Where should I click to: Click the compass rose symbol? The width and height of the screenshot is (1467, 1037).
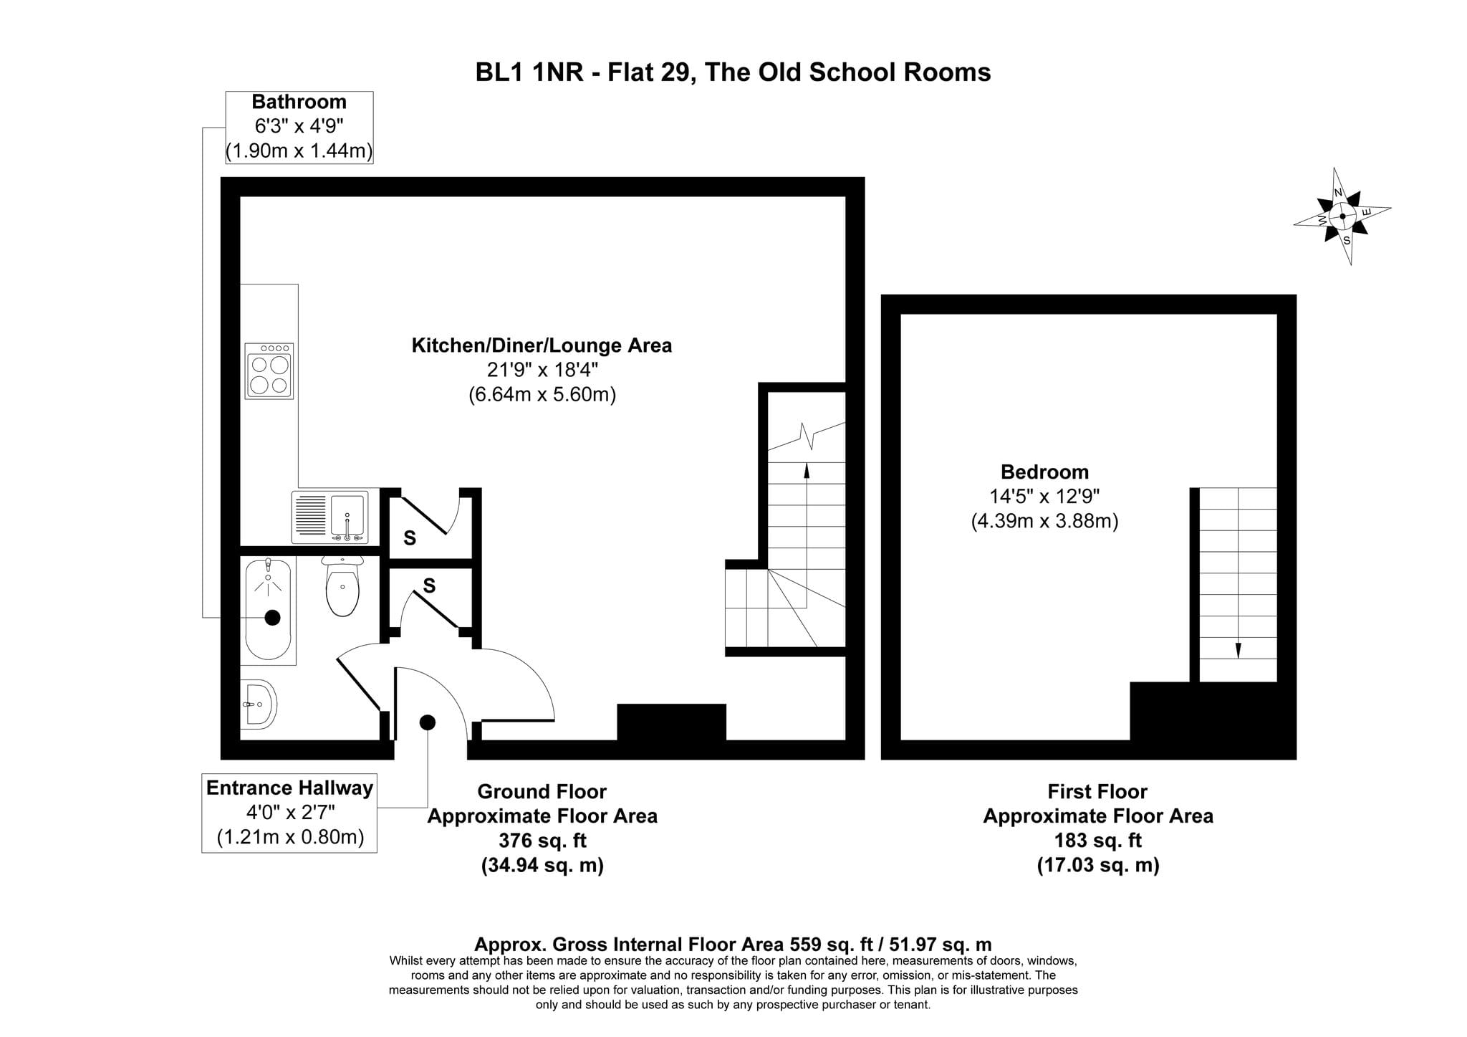coord(1342,216)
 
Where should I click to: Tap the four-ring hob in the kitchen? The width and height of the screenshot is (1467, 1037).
coord(269,371)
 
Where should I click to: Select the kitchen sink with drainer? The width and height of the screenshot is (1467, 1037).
coord(330,517)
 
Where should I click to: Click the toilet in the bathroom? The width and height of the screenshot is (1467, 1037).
coord(342,586)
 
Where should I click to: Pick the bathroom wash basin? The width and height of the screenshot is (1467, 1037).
coord(258,704)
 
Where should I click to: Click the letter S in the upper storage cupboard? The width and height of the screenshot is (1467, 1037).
coord(410,538)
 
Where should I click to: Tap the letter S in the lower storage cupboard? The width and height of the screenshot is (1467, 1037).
coord(429,586)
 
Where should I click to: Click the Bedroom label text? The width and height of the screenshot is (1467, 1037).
coord(1044,472)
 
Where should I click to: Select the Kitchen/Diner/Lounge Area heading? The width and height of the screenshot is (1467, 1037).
coord(542,345)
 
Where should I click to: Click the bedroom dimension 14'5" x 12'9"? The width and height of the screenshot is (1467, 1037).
coord(1044,496)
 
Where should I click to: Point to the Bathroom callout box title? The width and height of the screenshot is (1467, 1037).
coord(299,102)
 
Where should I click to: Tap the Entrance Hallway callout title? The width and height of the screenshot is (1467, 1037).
coord(289,788)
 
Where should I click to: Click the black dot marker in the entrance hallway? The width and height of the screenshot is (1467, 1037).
coord(428,722)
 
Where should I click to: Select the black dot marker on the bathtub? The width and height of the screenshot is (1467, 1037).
coord(272,618)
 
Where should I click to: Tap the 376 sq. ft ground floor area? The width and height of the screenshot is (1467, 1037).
coord(542,840)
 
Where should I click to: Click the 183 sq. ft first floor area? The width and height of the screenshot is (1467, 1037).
coord(1098,840)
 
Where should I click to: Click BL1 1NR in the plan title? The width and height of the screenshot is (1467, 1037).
coord(529,72)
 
